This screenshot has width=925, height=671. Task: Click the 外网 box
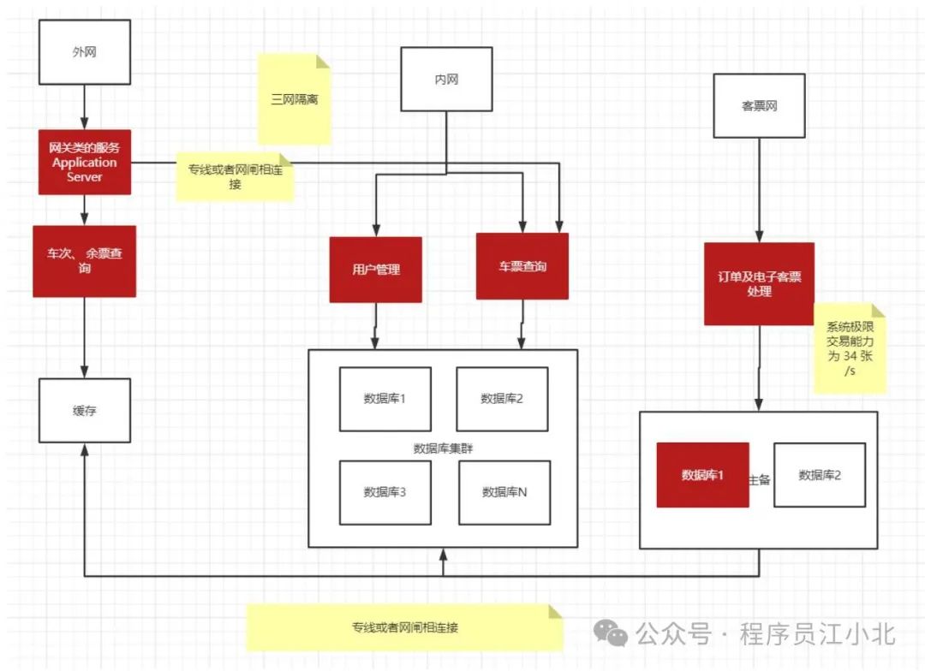pos(84,52)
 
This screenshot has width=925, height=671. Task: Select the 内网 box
pos(446,80)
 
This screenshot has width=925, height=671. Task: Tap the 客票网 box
pos(759,106)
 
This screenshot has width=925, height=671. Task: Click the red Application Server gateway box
pos(84,162)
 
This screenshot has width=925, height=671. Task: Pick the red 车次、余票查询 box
pos(84,261)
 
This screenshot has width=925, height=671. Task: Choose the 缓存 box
pos(84,411)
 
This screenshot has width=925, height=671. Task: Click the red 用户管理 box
pos(375,270)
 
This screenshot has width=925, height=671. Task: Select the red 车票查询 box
pos(522,266)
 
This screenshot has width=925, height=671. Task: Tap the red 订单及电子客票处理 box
pos(759,284)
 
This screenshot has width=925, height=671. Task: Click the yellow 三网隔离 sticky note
pos(294,99)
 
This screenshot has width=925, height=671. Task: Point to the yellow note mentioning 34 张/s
pos(849,348)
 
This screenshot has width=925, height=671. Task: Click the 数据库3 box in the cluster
pos(385,492)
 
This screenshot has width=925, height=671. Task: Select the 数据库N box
pos(504,492)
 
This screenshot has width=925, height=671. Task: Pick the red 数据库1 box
pos(702,475)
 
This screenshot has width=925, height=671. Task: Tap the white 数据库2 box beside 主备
pos(820,475)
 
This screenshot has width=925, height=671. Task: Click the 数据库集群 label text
pos(443,448)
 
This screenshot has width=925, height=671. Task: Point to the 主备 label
pos(760,479)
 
